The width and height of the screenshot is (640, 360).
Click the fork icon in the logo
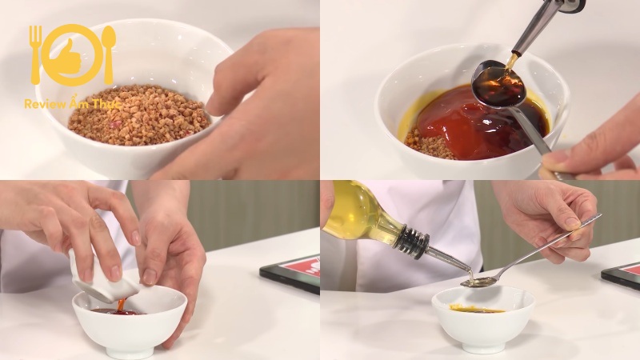(36, 54)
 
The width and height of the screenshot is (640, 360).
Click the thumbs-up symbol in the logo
(70, 57)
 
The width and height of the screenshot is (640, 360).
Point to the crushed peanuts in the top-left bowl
(138, 115)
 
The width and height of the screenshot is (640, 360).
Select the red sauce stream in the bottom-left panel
(122, 305)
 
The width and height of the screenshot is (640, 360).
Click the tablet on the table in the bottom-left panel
(290, 273)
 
